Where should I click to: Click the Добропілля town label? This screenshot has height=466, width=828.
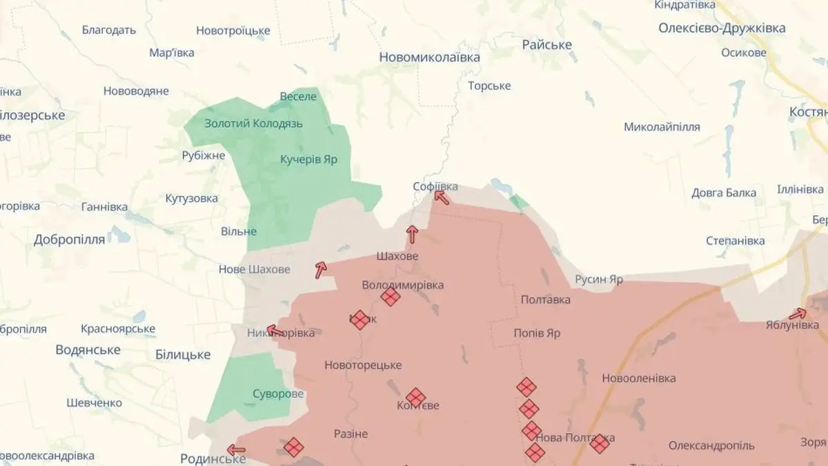coord(69,240)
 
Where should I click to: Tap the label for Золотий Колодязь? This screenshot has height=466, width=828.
coord(253,124)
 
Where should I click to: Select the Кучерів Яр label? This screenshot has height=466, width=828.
coord(308,159)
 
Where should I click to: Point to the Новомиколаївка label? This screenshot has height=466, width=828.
coord(429,57)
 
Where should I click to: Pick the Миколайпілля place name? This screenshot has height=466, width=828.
coord(662,127)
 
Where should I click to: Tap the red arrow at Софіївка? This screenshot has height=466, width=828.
coord(442,198)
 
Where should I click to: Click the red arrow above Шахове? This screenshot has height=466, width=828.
coord(412,234)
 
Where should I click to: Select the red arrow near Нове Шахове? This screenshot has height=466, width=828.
coord(320,270)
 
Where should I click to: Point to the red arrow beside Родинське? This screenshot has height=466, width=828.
coord(236,450)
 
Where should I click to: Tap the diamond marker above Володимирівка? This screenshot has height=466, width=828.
coord(391,297)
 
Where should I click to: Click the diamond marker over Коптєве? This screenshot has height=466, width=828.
coord(415,397)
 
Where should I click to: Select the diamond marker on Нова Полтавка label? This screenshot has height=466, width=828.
coord(600,443)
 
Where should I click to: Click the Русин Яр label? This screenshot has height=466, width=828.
coord(598,280)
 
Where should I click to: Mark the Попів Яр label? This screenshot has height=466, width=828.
coord(537,333)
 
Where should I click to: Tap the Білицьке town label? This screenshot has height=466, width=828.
coord(182,355)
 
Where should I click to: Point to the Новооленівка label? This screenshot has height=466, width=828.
coord(638,378)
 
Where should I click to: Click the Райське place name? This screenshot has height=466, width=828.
coord(546,45)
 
